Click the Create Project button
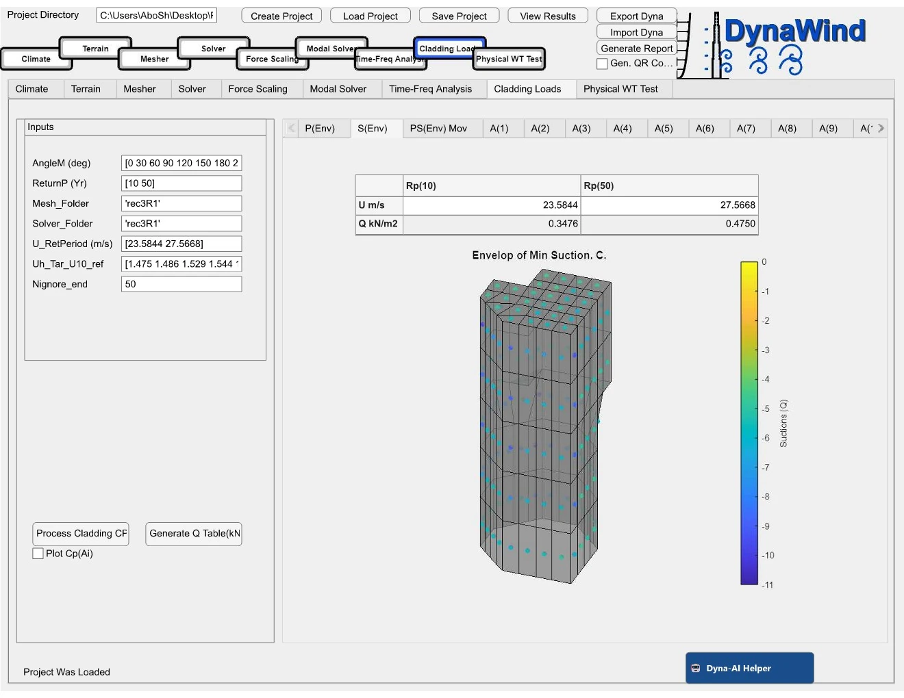(281, 16)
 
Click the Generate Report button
(636, 48)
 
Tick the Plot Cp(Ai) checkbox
(38, 554)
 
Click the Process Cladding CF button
(81, 534)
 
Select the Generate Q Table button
(194, 534)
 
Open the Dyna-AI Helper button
(749, 668)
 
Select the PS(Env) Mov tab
(438, 128)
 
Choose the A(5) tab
(663, 128)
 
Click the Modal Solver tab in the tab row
(338, 89)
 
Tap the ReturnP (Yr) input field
(181, 183)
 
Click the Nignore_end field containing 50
(181, 284)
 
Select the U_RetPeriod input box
(181, 244)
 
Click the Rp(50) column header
(668, 185)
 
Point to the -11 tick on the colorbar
(768, 585)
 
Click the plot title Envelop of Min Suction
(539, 255)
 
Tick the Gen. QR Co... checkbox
(603, 64)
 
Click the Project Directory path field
(157, 15)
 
